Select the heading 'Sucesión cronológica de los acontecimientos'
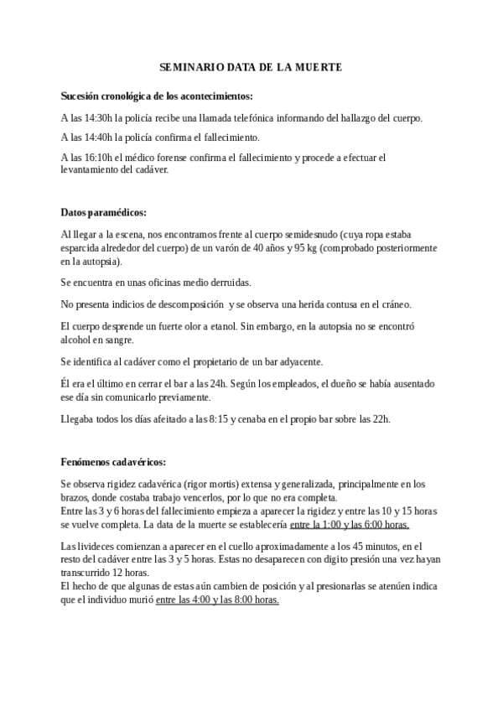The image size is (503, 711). point(157,96)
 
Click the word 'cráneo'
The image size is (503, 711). point(392,303)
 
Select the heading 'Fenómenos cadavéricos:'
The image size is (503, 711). point(113,461)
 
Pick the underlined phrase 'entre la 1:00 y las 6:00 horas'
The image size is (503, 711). point(350,525)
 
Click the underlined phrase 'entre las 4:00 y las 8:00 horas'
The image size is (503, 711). point(217,600)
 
